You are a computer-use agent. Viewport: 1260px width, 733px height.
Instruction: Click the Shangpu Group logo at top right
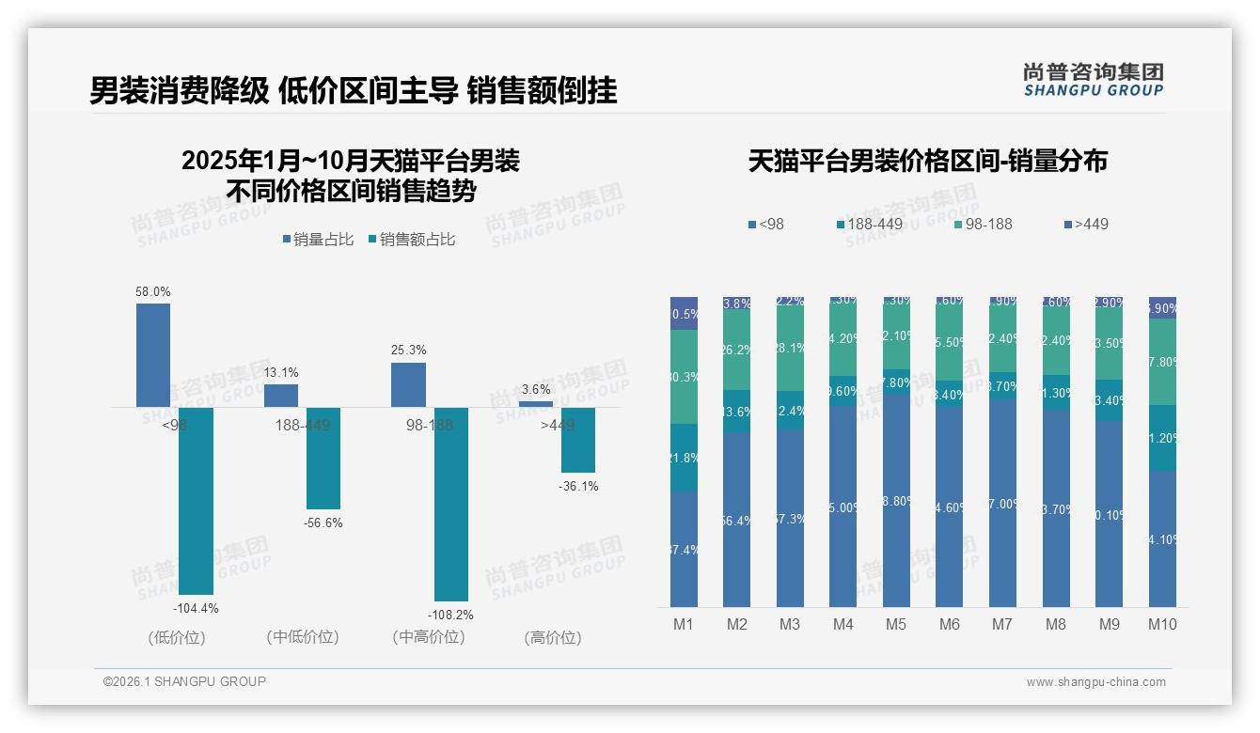[x=1093, y=79]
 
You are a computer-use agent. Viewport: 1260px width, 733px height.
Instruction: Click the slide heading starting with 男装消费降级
[x=353, y=91]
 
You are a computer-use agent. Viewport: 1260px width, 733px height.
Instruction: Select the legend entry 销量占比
[x=318, y=240]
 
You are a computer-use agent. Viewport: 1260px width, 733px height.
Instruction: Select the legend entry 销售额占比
[x=411, y=240]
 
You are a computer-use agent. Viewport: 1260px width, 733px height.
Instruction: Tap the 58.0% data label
[x=153, y=292]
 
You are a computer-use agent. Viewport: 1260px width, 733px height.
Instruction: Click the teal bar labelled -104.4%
[x=197, y=500]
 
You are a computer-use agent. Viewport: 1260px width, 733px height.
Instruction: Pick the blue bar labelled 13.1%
[x=281, y=395]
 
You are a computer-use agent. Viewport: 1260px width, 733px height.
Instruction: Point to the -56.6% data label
[x=323, y=522]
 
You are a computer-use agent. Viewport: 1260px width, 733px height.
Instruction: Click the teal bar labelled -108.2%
[x=451, y=504]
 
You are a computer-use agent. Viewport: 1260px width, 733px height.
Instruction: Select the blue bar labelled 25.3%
[x=408, y=384]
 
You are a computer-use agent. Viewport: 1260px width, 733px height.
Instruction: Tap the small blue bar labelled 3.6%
[x=536, y=404]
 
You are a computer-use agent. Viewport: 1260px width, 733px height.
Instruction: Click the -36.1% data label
[x=578, y=487]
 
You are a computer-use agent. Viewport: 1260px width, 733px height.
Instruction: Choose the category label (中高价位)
[x=429, y=637]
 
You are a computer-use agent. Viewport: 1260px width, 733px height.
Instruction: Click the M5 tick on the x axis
[x=896, y=624]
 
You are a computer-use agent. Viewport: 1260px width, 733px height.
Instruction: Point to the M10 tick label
[x=1162, y=624]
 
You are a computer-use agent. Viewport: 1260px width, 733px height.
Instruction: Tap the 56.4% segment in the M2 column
[x=736, y=520]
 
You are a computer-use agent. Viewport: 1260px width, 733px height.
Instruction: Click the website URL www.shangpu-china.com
[x=1095, y=682]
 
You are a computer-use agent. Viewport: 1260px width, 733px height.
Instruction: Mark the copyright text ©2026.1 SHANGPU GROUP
[x=184, y=681]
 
